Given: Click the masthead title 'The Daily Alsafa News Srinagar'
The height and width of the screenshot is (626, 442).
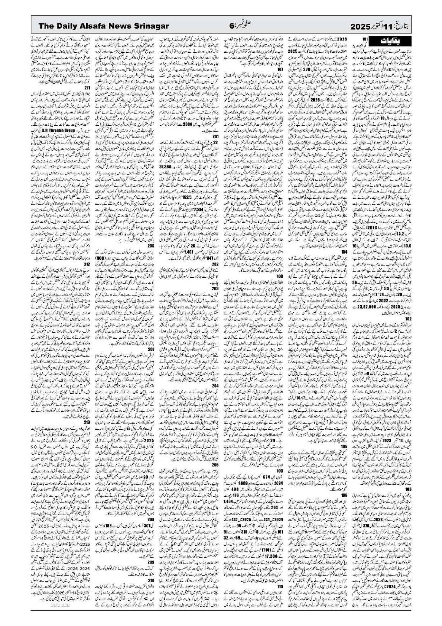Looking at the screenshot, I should click(104, 26).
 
